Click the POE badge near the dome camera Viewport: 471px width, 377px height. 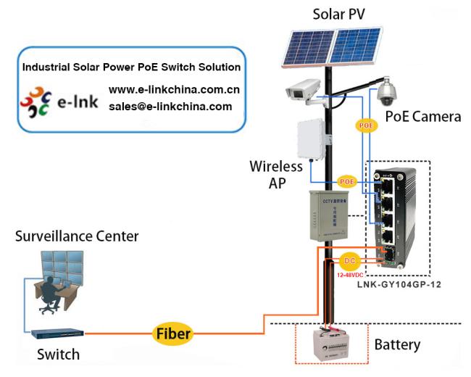[367, 125]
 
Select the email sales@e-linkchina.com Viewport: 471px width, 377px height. [170, 106]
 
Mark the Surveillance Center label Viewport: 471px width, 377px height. [77, 236]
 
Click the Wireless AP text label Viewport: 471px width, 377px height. [275, 173]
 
